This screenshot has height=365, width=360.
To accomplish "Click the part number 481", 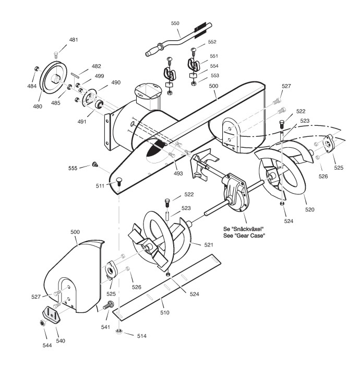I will coord(74,40).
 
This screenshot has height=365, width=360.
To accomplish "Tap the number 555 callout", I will coord(73,168).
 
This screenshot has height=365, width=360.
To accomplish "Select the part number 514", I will coord(141,336).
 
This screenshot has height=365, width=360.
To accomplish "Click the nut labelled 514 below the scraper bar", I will coord(120,331).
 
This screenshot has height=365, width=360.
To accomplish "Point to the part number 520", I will coord(310,210).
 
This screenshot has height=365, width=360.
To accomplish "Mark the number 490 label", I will coord(115,83).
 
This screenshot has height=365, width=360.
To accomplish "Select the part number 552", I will coord(212,42).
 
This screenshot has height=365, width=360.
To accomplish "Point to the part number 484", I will coord(32,86).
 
